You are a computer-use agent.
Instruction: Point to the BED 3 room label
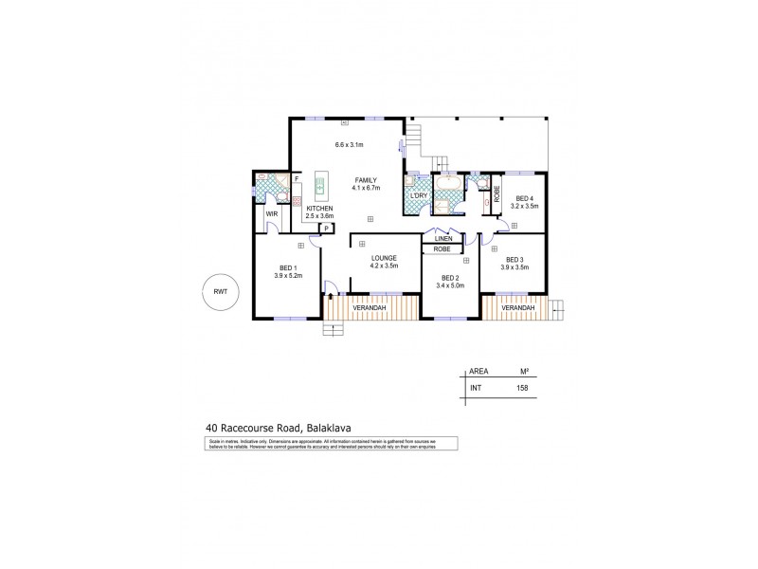click(514, 259)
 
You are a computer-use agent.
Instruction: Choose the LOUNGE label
click(382, 258)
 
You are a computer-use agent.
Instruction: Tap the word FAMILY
click(367, 179)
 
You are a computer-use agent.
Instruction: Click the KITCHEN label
click(318, 208)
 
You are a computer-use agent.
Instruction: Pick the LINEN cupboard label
click(442, 238)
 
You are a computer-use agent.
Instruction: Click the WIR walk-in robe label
click(271, 214)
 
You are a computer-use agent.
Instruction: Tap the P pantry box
click(326, 228)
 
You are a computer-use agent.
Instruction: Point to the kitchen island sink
click(320, 185)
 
